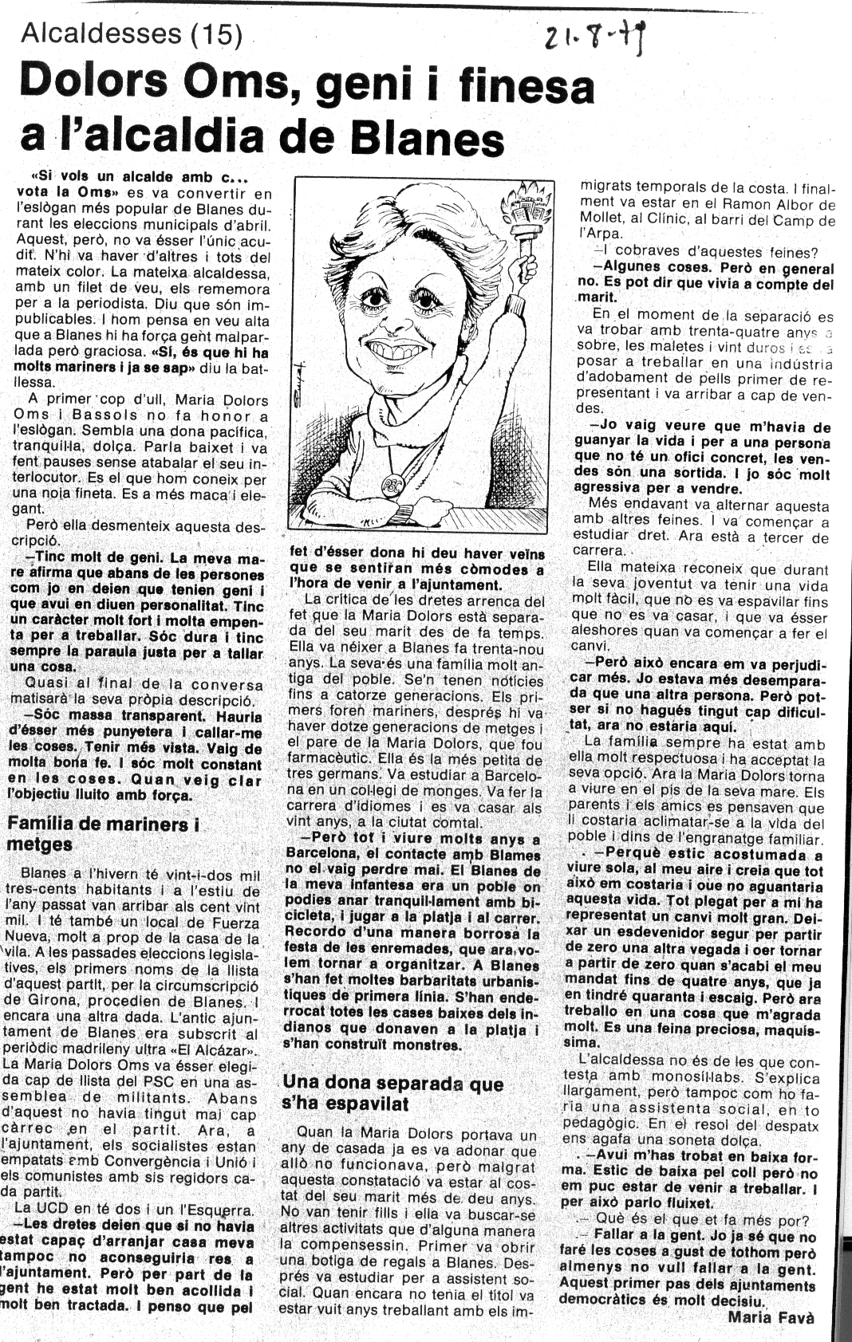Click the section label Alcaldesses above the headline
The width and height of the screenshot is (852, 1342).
coord(101,33)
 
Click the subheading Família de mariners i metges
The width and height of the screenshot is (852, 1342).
coord(104,834)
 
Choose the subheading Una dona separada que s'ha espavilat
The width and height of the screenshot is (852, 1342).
coord(392,1093)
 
